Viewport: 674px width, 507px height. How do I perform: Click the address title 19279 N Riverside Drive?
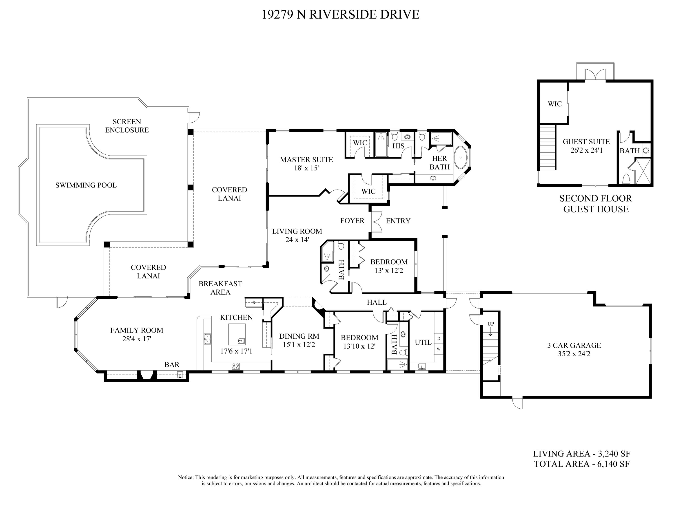340,14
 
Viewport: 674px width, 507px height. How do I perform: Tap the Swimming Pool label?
86,185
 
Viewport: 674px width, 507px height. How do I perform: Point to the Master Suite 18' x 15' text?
306,163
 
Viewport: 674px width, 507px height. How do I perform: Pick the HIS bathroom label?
398,146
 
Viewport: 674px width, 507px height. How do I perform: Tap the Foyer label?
352,220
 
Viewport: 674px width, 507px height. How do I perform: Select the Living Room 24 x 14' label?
297,235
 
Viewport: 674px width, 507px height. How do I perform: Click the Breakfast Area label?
220,288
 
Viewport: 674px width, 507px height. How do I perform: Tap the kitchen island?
237,334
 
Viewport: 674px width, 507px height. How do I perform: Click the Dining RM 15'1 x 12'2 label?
299,340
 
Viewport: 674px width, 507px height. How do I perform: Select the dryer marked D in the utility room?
439,338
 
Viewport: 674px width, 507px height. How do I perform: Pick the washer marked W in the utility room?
439,349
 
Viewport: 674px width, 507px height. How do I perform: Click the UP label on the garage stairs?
491,324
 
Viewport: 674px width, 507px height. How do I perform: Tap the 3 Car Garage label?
574,349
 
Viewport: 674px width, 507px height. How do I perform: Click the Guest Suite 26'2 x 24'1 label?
586,146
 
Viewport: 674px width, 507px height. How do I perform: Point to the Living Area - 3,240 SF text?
581,454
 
